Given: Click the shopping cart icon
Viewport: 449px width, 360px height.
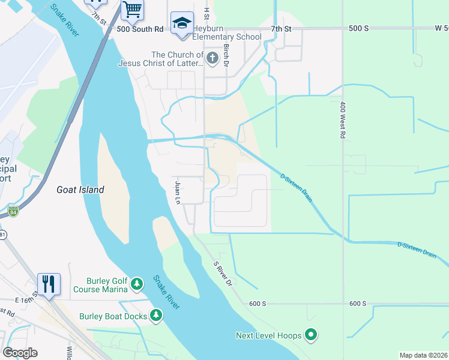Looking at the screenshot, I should [x=132, y=10].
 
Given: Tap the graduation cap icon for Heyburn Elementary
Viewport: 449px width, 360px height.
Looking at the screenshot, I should [x=182, y=23].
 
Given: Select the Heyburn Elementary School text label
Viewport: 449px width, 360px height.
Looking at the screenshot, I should [x=227, y=37].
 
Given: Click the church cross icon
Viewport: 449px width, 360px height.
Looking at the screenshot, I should [x=212, y=58].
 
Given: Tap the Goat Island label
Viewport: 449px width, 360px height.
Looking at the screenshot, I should [x=80, y=190].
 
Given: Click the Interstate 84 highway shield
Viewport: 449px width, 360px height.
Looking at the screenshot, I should [x=13, y=211].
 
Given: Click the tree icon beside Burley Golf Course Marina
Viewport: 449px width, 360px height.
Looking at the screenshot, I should [x=137, y=283].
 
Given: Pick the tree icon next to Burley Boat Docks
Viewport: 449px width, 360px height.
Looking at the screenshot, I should [x=156, y=314].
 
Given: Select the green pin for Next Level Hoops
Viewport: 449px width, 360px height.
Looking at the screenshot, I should [x=310, y=335].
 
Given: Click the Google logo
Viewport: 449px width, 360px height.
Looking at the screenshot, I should [x=20, y=353].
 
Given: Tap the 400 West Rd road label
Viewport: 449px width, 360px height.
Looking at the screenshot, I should [x=342, y=119].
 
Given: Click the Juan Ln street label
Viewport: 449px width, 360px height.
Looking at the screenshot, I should [x=178, y=192].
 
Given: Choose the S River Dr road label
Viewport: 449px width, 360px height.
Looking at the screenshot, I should [x=223, y=272].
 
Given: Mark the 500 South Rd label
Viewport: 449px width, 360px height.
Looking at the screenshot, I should [x=140, y=28].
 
